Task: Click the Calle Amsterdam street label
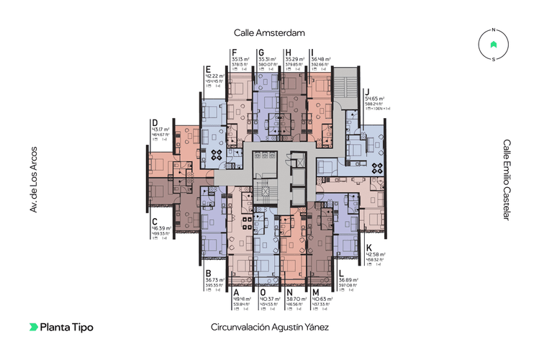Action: [x=269, y=32]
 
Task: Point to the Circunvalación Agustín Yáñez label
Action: [x=269, y=327]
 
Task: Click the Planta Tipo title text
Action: [x=66, y=327]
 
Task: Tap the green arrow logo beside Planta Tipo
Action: [x=34, y=327]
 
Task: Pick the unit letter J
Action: [x=367, y=90]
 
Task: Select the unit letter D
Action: [x=154, y=122]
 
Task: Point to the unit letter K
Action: [x=368, y=246]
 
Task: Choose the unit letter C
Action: [x=154, y=221]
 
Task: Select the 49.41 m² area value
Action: [x=241, y=299]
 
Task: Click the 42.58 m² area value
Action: [x=376, y=253]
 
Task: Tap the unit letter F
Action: [x=235, y=52]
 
